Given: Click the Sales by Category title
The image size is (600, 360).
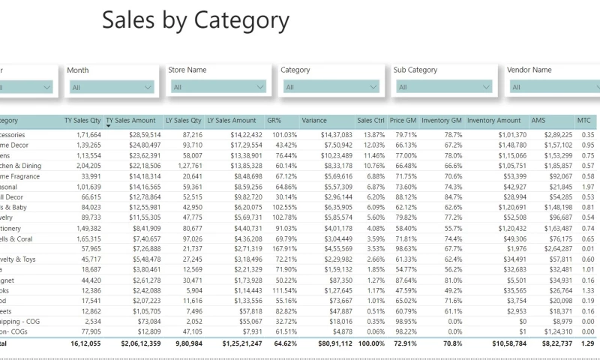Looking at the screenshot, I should point(195,21).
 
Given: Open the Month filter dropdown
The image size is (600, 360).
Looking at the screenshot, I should point(111,87).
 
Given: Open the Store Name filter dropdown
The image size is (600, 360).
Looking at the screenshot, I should point(218,87).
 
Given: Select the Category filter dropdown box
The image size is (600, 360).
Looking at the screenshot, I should point(331,87).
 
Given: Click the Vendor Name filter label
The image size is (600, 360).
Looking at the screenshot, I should point(529,70).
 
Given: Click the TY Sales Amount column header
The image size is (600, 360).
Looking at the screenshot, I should point(130,120).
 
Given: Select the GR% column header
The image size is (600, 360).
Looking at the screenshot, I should point(274,120).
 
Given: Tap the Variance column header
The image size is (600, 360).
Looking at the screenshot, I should point(314,120).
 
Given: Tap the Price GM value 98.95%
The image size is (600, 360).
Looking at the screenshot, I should point(404,321).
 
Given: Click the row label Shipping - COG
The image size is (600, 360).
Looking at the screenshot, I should point(22,321).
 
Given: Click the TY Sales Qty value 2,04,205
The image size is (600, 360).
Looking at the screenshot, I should point(84,166).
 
